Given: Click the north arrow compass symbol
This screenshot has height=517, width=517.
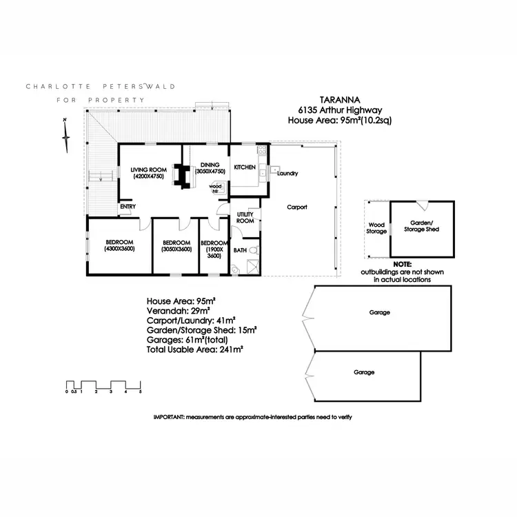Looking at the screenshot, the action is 66,136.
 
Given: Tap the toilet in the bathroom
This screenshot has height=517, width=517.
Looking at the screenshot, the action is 254,251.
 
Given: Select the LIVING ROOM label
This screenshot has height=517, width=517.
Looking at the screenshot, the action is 148,170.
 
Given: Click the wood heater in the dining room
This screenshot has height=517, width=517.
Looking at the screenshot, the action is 219,188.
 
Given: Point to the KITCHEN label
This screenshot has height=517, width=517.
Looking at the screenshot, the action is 245,168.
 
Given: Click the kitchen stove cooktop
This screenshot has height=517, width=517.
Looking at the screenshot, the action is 262,150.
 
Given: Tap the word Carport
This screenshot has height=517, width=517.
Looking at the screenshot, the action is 297,207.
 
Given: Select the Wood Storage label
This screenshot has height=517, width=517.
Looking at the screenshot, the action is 376,228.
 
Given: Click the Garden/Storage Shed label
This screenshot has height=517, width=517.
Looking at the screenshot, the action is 421,226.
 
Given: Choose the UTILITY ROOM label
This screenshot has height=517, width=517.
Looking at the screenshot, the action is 245,218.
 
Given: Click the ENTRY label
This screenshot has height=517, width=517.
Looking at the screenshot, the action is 128,206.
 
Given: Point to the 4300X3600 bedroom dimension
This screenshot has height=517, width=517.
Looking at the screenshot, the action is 120,249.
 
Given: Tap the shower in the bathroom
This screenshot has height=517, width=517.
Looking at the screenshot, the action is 253,266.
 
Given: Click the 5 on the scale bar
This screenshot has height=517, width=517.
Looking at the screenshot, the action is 141,392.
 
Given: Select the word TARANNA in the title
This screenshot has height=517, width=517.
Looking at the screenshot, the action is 340,100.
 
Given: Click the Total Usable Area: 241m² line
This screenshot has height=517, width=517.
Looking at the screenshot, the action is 195,349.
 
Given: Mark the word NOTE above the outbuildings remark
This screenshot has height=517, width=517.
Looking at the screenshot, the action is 403,265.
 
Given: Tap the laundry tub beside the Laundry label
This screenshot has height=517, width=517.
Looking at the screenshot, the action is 274,170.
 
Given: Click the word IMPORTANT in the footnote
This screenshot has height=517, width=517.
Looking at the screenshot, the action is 168,417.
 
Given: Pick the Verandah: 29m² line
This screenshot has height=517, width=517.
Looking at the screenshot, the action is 179,311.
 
